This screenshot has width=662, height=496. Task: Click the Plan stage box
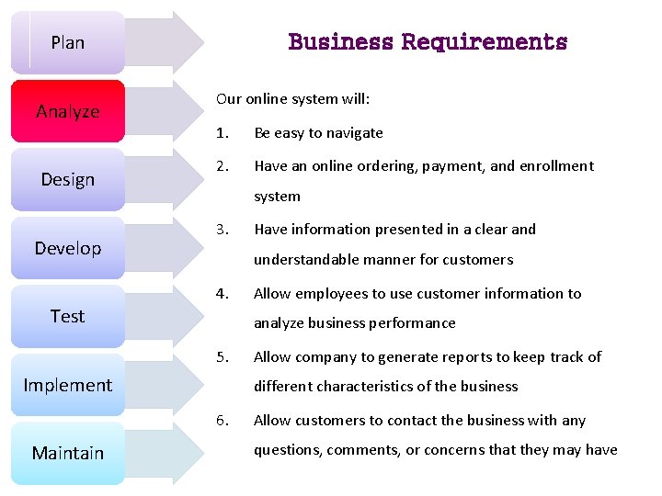(x=67, y=42)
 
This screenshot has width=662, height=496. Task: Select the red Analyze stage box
(x=67, y=111)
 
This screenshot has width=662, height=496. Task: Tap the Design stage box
(x=67, y=179)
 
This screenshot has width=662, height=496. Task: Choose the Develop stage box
(x=67, y=248)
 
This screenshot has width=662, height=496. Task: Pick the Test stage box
(x=67, y=316)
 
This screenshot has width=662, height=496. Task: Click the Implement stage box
(x=67, y=385)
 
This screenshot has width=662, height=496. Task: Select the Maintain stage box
(x=67, y=453)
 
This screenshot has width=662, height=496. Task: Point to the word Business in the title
(x=340, y=42)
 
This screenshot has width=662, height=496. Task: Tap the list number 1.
(x=222, y=133)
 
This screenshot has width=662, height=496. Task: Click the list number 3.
(x=222, y=230)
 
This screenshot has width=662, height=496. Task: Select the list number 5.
(x=222, y=357)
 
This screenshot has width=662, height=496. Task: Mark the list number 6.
(x=222, y=421)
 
